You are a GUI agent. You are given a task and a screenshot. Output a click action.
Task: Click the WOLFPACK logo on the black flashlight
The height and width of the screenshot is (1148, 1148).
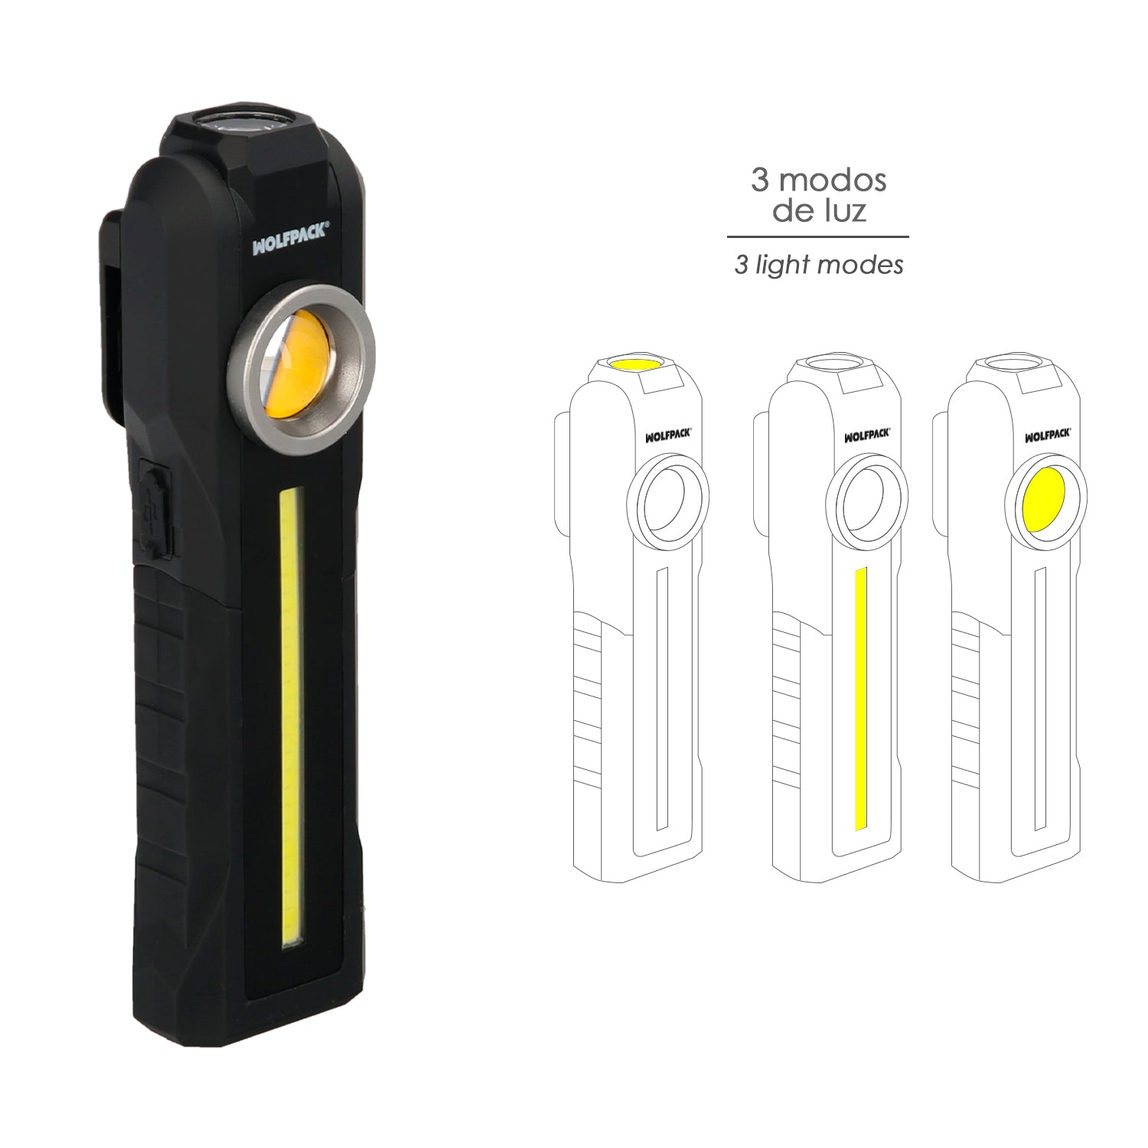pos(291,239)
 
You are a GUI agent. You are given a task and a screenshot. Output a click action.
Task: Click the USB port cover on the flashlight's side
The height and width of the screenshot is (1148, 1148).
pos(155,510)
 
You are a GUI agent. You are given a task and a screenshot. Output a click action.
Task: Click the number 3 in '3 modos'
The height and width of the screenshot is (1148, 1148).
pos(759,181)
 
